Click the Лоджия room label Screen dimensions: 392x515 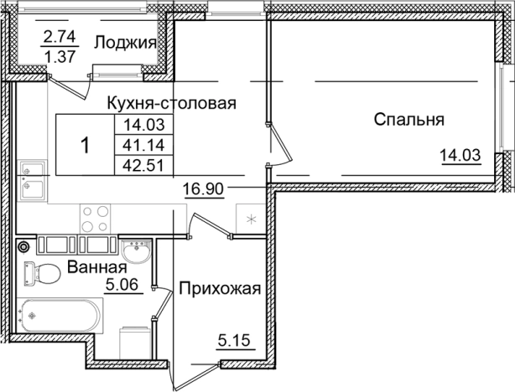[126, 44]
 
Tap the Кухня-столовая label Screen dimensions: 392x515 [172, 103]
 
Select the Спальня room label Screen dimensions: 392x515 [408, 119]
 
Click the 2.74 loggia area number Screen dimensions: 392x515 [60, 37]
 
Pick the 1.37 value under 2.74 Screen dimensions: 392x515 [60, 58]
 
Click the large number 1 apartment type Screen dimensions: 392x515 [84, 146]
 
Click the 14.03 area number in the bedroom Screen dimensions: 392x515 [460, 154]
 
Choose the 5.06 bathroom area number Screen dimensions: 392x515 [123, 285]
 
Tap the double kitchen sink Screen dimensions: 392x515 [34, 176]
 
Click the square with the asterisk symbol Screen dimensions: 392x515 [251, 219]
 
